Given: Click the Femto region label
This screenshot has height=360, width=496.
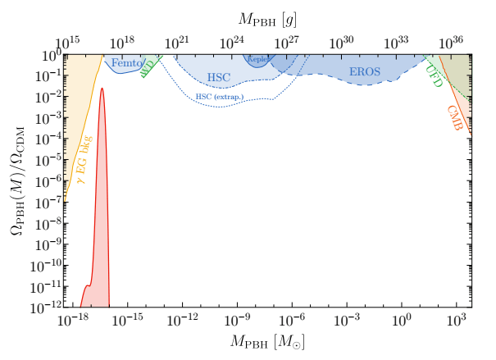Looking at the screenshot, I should click(x=128, y=63).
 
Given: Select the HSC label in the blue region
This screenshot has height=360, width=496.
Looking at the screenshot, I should click(x=219, y=77).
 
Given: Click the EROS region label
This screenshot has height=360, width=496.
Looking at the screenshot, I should click(x=365, y=72).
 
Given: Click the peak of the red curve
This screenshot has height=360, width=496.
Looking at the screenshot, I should click(x=102, y=89).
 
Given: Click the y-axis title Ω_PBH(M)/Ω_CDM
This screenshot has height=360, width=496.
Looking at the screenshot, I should click(x=19, y=181).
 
